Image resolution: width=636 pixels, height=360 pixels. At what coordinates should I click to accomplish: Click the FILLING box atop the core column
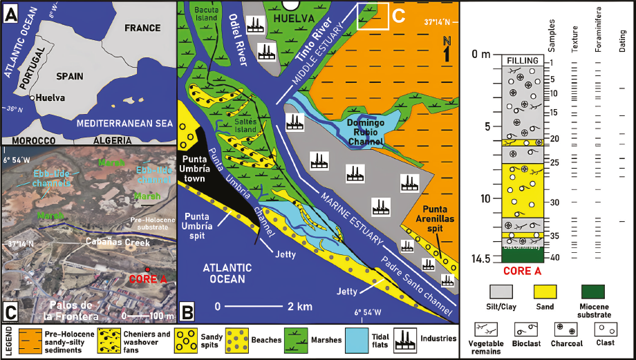[x=522, y=61]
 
